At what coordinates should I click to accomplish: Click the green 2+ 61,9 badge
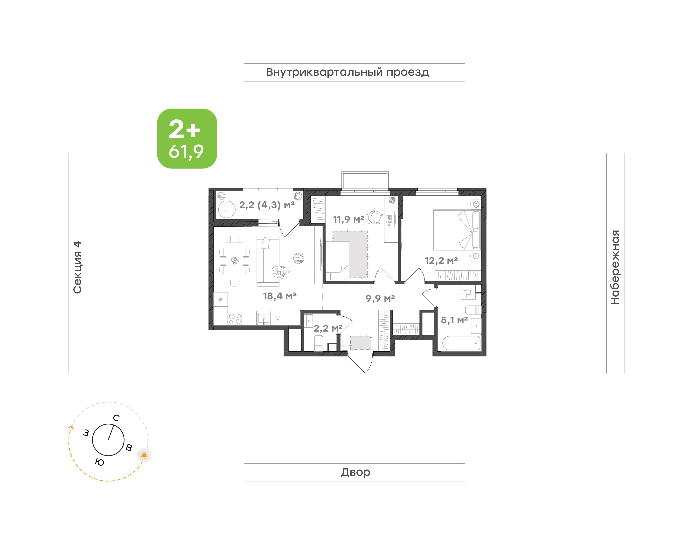coord(187,138)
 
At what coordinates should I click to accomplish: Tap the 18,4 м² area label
coord(280,296)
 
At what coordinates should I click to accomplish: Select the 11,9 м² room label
coord(349,219)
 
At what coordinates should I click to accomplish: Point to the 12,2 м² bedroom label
coord(441,260)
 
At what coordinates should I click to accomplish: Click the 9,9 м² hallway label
coord(380,298)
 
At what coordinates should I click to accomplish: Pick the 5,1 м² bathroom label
coord(454,320)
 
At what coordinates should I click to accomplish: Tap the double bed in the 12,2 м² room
coord(457,230)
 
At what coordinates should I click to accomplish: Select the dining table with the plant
coord(234,261)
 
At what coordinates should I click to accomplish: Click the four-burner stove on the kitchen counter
coord(235,319)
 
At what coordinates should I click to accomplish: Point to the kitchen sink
coord(264,319)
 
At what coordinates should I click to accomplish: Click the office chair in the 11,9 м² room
coord(375,216)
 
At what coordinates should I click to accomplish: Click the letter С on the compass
coord(116,418)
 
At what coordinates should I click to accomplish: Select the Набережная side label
coord(615,267)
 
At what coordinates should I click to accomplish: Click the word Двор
coord(355,472)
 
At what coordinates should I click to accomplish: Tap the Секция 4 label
coord(77,267)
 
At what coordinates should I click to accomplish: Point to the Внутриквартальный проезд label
coord(348,72)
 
